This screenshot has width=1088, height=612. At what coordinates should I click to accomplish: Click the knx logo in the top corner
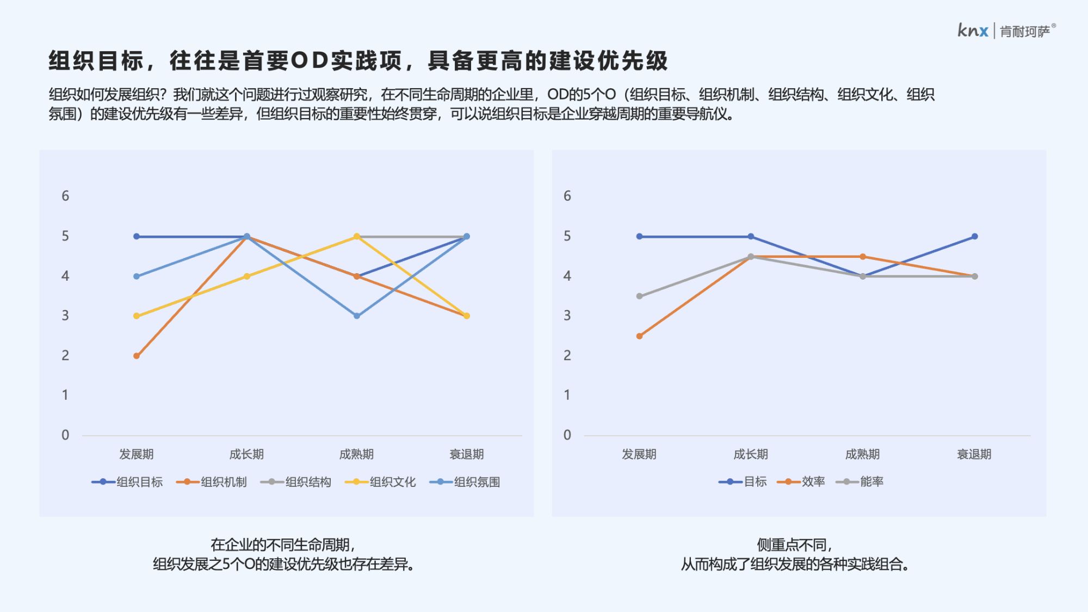coord(973,30)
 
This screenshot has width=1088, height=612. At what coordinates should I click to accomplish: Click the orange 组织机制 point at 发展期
coord(137,356)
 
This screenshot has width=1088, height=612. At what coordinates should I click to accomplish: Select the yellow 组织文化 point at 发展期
coord(137,316)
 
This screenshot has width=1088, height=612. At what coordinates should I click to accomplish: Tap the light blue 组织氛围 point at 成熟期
coord(357,316)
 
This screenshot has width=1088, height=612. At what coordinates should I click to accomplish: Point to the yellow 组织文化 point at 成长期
coord(246,276)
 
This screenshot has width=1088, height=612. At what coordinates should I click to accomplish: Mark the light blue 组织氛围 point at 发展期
coord(137,276)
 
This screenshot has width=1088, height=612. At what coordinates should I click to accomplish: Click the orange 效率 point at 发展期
coord(639,336)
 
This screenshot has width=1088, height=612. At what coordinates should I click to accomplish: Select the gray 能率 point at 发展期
coord(639,296)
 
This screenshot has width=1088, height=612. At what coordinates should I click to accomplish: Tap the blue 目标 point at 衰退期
coord(974,237)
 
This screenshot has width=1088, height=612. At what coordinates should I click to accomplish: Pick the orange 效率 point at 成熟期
coord(863,257)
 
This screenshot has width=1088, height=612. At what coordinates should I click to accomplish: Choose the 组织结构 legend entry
coord(296,482)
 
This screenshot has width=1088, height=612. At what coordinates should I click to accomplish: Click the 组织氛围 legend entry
coord(465,482)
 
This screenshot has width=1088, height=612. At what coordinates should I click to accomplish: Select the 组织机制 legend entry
coord(212,482)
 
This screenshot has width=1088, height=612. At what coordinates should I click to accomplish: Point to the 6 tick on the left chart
coord(65,196)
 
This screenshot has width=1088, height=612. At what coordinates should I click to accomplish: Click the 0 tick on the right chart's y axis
coord(567,435)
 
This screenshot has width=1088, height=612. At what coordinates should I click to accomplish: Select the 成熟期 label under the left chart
coord(356,454)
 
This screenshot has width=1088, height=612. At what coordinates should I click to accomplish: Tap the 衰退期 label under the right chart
coord(974,454)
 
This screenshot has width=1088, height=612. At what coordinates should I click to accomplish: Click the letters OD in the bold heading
coord(310,60)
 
